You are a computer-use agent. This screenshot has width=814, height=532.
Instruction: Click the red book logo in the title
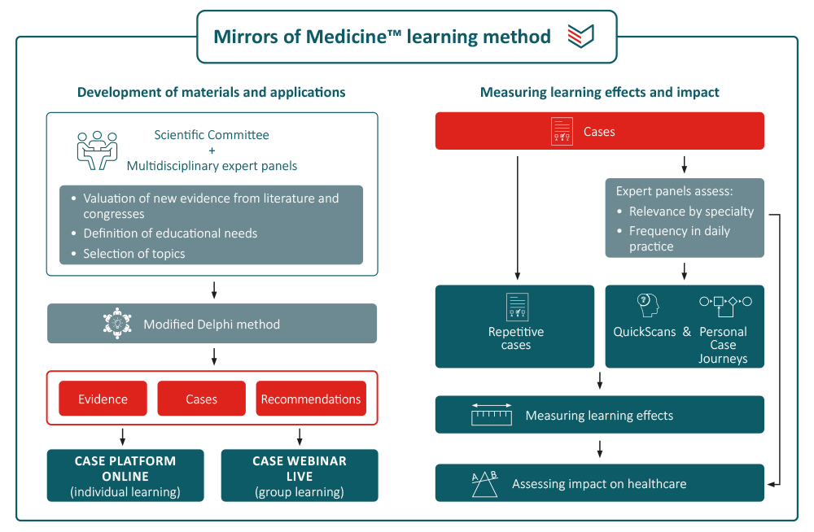(x=580, y=36)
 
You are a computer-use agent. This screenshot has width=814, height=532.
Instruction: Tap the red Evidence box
(x=103, y=399)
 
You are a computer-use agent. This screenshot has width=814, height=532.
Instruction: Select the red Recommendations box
(x=311, y=399)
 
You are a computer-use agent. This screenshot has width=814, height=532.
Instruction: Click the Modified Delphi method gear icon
(x=117, y=324)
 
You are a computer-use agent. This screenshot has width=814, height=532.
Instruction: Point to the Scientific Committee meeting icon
(x=97, y=150)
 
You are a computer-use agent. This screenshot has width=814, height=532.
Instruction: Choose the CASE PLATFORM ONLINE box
(x=125, y=476)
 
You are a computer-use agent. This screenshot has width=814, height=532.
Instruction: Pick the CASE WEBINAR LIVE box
(x=300, y=476)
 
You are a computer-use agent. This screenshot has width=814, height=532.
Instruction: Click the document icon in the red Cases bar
(x=562, y=132)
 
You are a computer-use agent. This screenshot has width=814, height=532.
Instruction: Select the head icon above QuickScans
(x=646, y=305)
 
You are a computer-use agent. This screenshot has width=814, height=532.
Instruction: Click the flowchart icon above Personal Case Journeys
(x=724, y=304)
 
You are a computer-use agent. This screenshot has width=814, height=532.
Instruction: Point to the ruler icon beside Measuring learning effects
(x=491, y=415)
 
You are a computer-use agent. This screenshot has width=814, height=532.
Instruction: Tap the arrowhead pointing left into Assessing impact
(x=772, y=483)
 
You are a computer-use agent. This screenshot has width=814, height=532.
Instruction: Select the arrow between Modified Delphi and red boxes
(x=213, y=356)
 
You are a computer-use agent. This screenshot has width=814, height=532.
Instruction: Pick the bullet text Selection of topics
(x=133, y=254)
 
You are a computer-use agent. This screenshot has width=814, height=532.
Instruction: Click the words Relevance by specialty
(x=691, y=211)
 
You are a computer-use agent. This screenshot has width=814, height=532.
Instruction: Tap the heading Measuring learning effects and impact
(x=600, y=92)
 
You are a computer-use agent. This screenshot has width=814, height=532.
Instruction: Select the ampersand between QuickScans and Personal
(x=686, y=332)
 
